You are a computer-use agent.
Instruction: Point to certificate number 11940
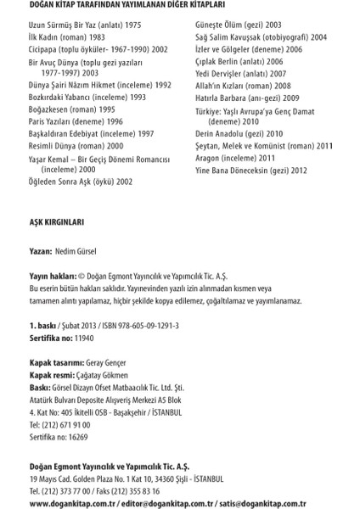coord(86,337)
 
